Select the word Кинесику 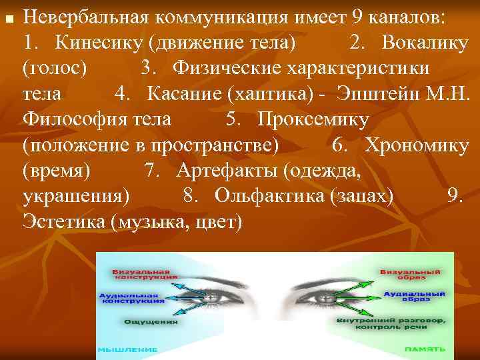tap(100, 42)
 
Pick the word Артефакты tap(227, 169)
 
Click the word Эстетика tap(63, 221)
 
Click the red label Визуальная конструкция tap(145, 275)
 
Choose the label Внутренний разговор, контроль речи tap(391, 323)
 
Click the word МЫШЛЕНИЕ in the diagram tap(128, 349)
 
